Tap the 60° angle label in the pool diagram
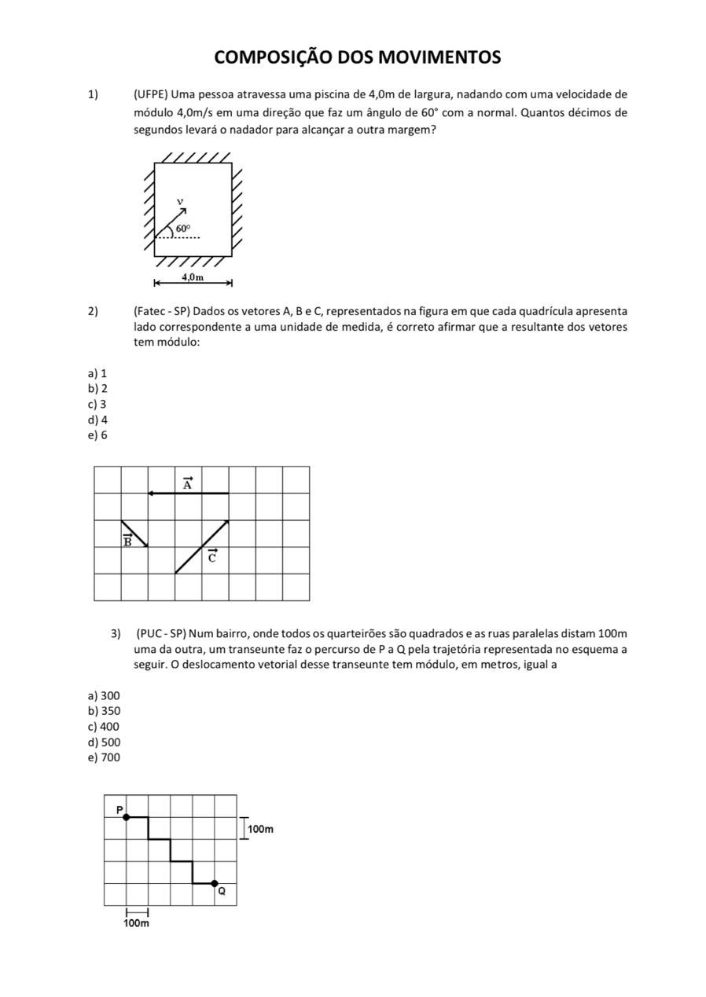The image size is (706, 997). (x=182, y=228)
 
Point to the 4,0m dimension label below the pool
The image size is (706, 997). (x=193, y=277)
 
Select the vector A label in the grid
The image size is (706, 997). (x=187, y=483)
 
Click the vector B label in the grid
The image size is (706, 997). (x=127, y=540)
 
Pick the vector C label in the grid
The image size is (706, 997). (x=211, y=557)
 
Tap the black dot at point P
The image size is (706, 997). (x=126, y=817)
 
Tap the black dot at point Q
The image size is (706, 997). (x=215, y=883)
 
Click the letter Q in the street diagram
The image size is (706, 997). (x=222, y=892)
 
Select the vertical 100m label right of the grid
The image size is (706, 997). (x=260, y=829)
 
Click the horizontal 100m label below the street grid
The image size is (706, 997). (x=136, y=923)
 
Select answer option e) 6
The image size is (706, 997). (x=98, y=434)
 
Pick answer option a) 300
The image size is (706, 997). (x=105, y=695)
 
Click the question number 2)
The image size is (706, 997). (x=93, y=313)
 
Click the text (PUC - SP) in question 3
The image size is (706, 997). (x=160, y=634)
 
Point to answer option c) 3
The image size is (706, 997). (x=98, y=404)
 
